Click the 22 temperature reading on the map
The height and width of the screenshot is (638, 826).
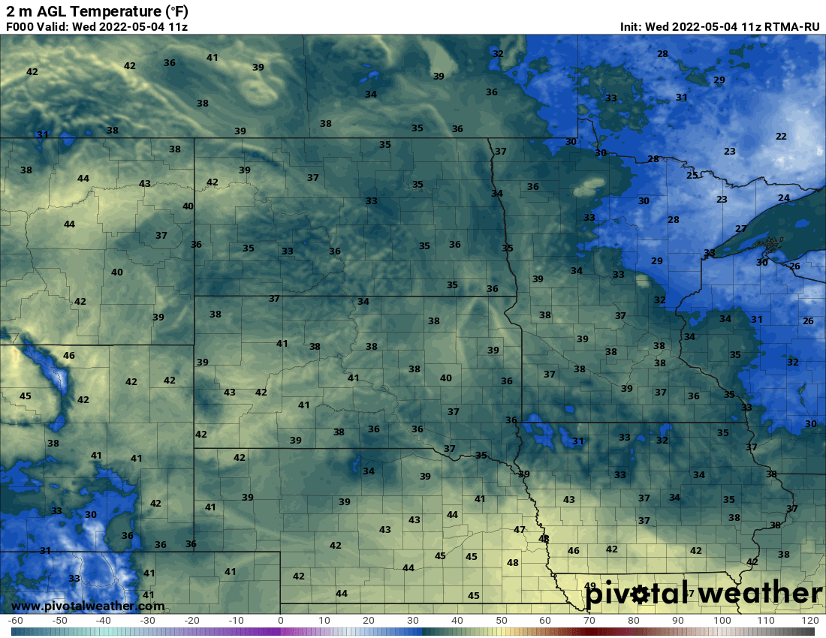[781, 137]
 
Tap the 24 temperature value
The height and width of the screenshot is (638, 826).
[784, 198]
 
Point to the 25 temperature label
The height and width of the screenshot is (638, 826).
[692, 176]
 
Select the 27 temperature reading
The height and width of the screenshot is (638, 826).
[741, 229]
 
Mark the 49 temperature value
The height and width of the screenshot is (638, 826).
[590, 586]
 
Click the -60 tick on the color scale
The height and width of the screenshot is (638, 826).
[15, 621]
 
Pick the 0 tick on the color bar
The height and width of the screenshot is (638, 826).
[281, 621]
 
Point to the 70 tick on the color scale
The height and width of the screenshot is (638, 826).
[589, 621]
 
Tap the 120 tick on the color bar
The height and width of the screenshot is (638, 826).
[809, 621]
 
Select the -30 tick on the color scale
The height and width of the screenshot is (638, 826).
[148, 621]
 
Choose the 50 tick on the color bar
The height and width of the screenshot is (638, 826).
[502, 621]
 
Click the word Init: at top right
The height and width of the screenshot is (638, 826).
[632, 27]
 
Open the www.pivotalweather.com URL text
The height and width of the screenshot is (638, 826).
[88, 606]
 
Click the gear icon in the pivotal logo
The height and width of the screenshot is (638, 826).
[641, 595]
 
